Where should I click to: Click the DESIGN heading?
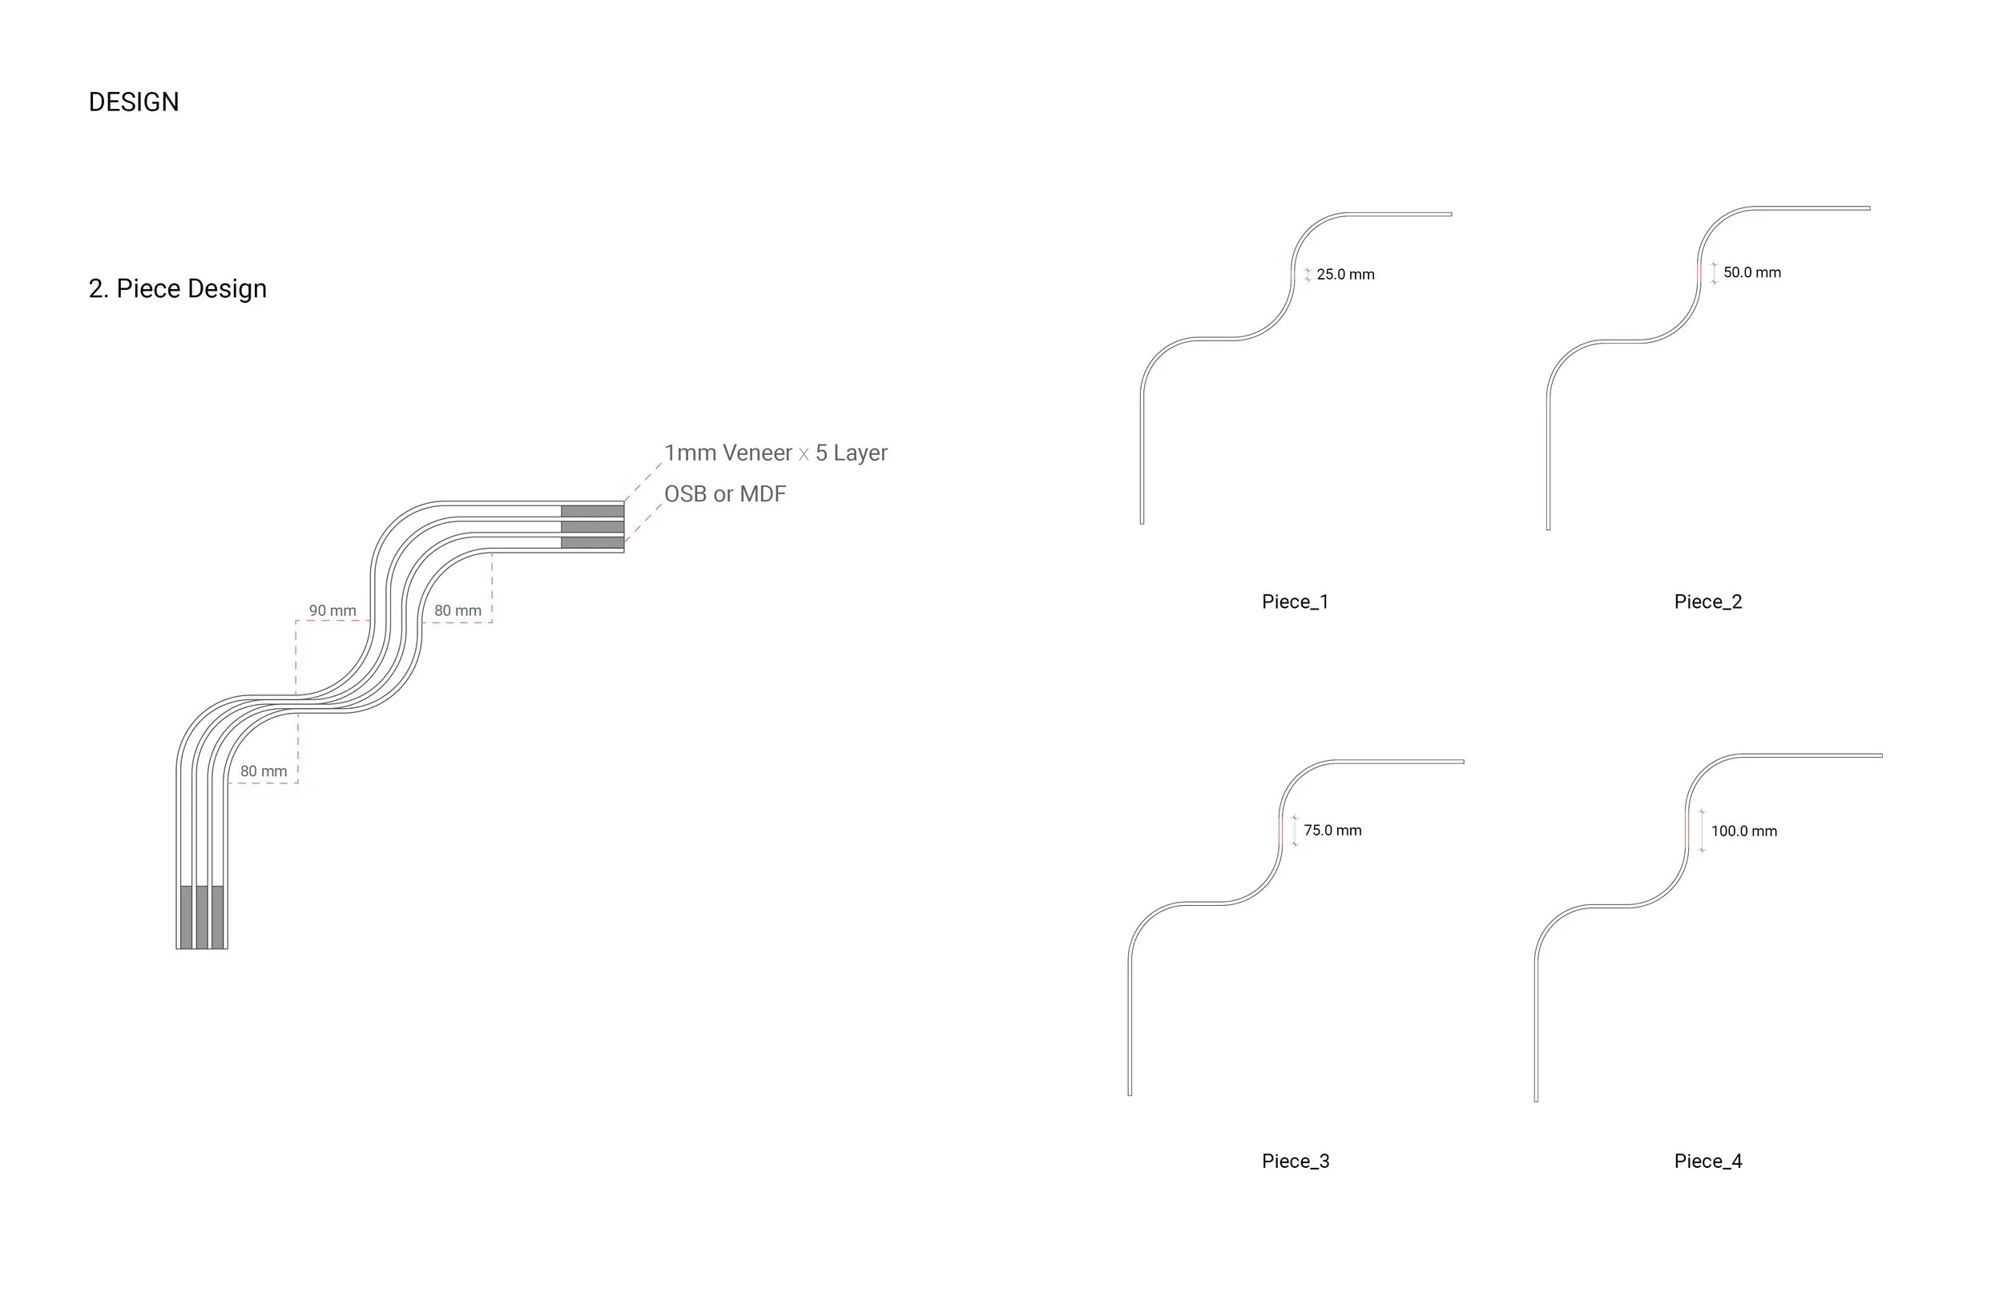coord(134,102)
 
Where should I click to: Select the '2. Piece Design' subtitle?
coord(178,288)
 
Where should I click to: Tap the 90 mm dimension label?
coord(332,611)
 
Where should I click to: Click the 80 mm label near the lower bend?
coord(264,771)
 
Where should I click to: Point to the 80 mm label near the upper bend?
coord(457,611)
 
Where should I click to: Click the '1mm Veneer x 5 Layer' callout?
coord(775,453)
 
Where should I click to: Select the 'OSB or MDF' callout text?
coord(724,494)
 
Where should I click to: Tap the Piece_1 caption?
coord(1295,602)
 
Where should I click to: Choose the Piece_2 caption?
coord(1707,602)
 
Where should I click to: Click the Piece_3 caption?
coord(1296,1161)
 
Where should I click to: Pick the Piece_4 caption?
coord(1707,1161)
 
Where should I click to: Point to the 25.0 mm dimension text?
coord(1345,275)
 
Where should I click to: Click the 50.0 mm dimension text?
coord(1751,272)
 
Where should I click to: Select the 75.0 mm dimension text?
coord(1332,831)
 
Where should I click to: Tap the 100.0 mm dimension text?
coord(1743,831)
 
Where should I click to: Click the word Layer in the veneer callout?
coord(860,453)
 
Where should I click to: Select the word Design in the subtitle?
coord(228,288)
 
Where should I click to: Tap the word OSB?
coord(685,494)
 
